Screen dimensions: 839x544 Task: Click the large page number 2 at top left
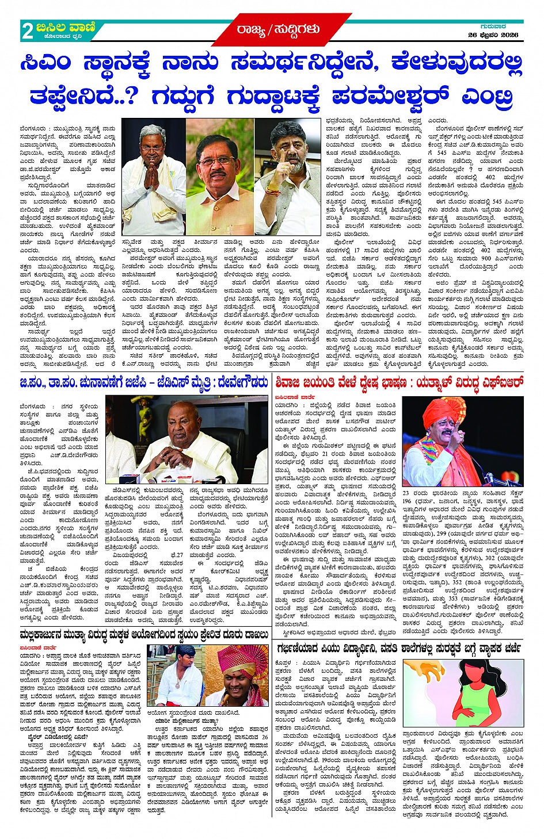27,30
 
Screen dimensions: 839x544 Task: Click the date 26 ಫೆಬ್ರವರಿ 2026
493,35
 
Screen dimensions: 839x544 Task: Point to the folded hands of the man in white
151,179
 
